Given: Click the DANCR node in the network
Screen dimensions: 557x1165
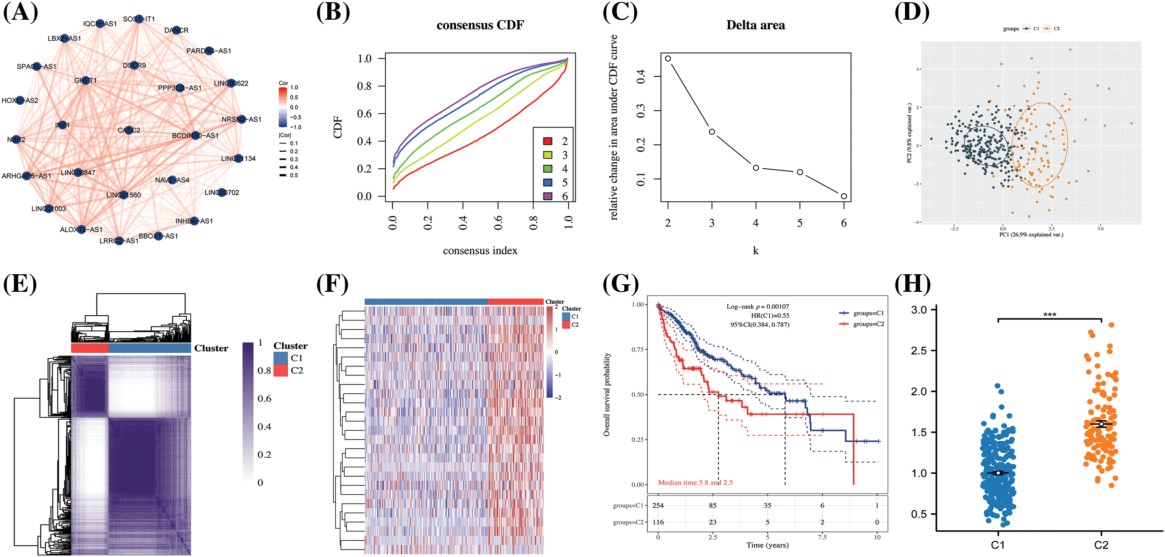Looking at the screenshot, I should pos(176,30).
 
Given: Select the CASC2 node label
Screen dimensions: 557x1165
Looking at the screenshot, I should pos(129,130).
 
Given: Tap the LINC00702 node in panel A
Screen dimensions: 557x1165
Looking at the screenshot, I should pos(221,192).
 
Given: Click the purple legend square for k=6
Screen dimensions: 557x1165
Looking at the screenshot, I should pos(548,196).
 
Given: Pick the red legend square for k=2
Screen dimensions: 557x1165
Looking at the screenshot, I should pos(548,141).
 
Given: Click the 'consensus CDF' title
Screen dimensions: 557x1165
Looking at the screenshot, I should pos(480,25).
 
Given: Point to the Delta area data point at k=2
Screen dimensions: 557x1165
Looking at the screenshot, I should pos(668,58).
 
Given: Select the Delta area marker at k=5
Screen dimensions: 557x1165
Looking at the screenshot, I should pos(799,172).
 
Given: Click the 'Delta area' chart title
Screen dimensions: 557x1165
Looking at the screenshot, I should pos(755,25).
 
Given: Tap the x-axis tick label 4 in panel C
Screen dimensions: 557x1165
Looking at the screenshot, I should pos(755,223).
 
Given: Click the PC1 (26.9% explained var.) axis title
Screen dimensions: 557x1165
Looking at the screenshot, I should pos(1031,234).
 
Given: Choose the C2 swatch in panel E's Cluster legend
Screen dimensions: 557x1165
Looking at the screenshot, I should pos(281,370).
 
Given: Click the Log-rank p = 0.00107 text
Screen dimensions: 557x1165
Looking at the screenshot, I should pos(757,307).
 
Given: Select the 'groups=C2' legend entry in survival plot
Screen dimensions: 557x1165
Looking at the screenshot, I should pos(861,324).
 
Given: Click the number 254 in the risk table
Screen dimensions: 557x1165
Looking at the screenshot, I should pos(658,505).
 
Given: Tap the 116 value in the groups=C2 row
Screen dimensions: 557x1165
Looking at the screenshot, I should pos(658,522).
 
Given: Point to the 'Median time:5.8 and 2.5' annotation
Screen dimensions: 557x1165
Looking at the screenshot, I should pos(695,482).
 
